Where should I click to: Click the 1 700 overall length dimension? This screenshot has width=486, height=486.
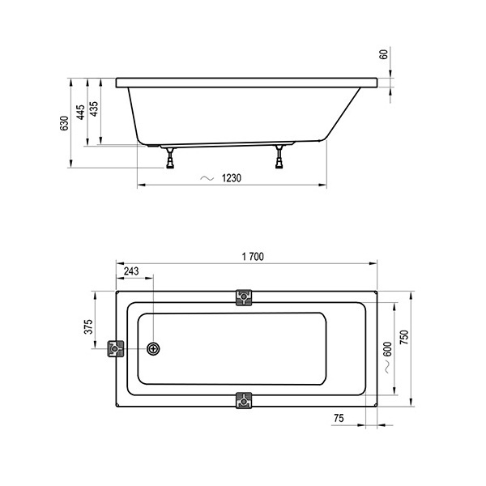253,257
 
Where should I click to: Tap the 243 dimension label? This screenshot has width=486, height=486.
131,271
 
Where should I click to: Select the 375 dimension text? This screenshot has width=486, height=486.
88,326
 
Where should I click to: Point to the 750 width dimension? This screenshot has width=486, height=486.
404,338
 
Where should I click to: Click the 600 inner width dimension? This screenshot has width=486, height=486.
387,349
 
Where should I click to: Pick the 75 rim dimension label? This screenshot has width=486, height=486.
339,418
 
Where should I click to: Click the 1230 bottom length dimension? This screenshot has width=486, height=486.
231,178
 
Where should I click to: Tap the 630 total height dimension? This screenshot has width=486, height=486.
64,123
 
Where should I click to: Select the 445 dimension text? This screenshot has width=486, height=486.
80,113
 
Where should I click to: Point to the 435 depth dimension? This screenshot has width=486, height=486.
94,109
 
